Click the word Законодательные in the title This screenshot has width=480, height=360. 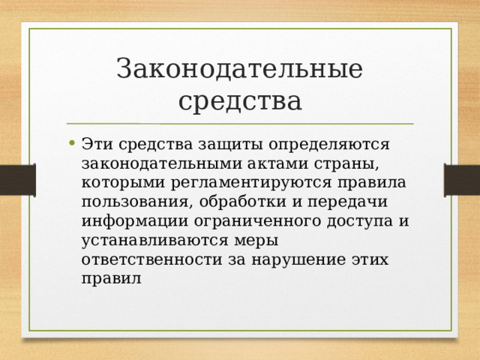pos(240,69)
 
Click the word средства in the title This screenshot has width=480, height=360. pos(240,100)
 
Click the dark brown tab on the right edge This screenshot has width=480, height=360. pos(461,180)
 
